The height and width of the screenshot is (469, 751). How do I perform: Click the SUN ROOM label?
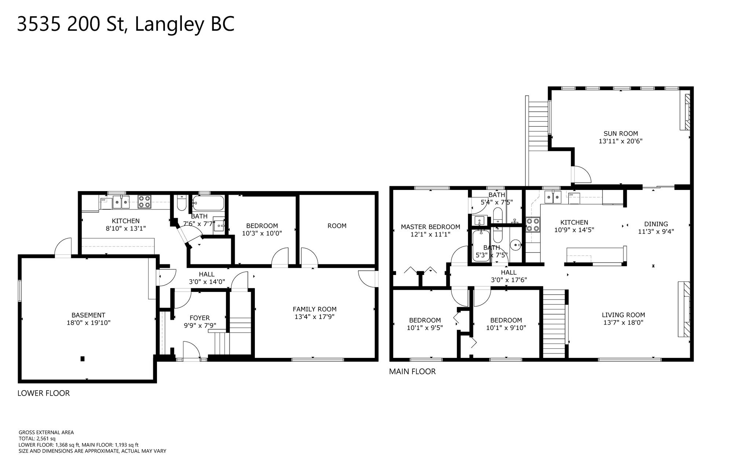pos(620,134)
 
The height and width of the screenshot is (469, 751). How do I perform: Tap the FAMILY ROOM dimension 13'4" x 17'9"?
pos(314,317)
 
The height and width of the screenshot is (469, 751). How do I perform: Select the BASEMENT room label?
pos(88,315)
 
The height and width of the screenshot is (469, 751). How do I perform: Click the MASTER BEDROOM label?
pos(430,227)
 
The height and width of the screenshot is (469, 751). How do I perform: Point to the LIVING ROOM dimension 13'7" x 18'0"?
pos(623,323)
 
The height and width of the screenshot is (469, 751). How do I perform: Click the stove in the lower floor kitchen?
pos(144,202)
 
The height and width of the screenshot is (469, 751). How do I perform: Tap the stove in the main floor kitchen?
pos(533,225)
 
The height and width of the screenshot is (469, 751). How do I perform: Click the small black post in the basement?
pos(83,359)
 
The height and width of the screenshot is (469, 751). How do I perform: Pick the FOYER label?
pos(199,318)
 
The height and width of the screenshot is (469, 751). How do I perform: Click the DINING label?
pos(656,224)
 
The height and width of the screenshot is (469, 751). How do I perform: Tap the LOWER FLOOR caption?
pos(44,393)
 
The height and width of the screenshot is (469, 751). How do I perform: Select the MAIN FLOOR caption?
pos(412,371)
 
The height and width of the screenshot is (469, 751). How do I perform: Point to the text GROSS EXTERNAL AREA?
pos(46,432)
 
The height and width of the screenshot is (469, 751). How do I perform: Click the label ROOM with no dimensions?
pos(337,226)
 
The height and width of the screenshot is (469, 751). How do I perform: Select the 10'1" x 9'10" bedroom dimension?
pos(506,328)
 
